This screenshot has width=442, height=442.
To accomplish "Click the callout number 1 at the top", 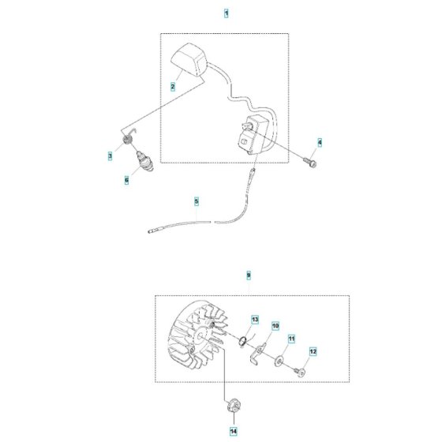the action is point(226,13).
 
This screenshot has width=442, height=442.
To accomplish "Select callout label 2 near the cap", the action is point(173,87).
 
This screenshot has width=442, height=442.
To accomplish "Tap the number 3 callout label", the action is point(110,155).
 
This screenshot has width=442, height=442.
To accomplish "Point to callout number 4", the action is point(320,142).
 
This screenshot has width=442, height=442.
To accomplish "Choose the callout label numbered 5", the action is point(197,201).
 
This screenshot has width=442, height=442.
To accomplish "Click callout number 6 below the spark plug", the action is point(126,180).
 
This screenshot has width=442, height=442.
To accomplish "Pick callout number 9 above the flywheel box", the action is point(249,275).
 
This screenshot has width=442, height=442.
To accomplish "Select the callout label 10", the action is point(275,326).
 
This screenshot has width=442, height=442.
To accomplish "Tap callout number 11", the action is point(291,339).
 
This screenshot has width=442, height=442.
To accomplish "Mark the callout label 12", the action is point(313,351).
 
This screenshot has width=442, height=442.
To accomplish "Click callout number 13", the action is point(255,320).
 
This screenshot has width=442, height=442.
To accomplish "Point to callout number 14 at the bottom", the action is point(234,431).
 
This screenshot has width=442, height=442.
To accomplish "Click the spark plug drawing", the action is point(145,162).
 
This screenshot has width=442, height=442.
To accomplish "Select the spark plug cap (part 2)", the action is point(189,60).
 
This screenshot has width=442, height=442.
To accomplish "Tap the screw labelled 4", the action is point(310,162).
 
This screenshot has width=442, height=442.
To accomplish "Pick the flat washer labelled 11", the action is point(279,361).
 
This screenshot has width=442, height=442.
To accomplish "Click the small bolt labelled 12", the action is point(300,373).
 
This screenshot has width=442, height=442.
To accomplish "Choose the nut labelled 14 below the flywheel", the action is point(234,406).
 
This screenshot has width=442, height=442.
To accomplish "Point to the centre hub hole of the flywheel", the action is point(200,335).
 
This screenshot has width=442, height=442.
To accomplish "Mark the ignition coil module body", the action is point(251,135).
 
